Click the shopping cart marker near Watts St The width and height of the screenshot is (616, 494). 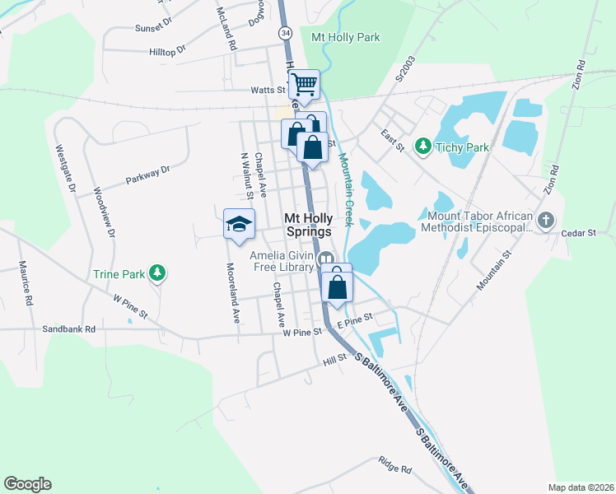(x=305, y=84)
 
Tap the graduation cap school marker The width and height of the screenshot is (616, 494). (x=239, y=224)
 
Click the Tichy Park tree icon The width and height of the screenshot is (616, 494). (x=423, y=147)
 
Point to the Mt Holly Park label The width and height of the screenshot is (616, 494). (x=346, y=37)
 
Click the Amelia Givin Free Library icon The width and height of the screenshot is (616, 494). (x=326, y=259)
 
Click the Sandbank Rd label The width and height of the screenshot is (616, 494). (x=69, y=329)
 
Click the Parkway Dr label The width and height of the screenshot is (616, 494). (x=147, y=174)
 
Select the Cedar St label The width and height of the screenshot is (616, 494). (x=578, y=233)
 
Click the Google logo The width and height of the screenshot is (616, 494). (x=27, y=483)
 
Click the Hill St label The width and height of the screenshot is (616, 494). (x=335, y=359)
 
